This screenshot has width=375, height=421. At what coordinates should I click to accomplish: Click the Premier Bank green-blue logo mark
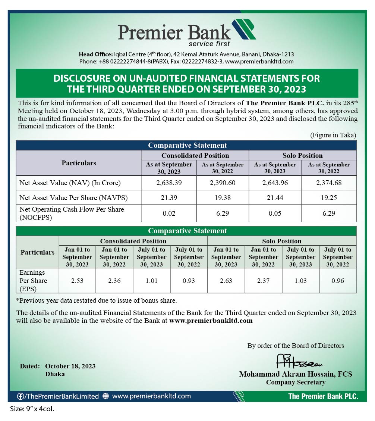pyautogui.click(x=243, y=29)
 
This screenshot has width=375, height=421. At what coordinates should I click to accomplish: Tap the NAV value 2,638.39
pyautogui.click(x=169, y=183)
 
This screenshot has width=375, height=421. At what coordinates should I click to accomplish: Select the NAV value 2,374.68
pyautogui.click(x=329, y=183)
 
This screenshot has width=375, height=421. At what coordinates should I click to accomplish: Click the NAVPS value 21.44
pyautogui.click(x=275, y=198)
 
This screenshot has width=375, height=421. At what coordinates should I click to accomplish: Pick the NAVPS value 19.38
pyautogui.click(x=223, y=198)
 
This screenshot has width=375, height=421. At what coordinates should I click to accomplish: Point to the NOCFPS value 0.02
pyautogui.click(x=169, y=213)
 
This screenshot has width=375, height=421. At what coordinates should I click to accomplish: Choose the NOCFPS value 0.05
pyautogui.click(x=275, y=213)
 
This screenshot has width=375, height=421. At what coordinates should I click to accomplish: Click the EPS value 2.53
pyautogui.click(x=77, y=281)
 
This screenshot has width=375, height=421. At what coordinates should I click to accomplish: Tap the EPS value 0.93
pyautogui.click(x=189, y=281)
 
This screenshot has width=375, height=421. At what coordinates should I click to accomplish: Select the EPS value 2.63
pyautogui.click(x=226, y=281)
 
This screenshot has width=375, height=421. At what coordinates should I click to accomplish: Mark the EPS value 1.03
pyautogui.click(x=300, y=281)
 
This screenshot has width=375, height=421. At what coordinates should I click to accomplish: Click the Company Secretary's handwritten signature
pyautogui.click(x=299, y=362)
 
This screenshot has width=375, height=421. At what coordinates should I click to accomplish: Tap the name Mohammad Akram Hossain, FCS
pyautogui.click(x=296, y=374)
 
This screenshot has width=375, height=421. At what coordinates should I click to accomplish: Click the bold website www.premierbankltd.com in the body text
pyautogui.click(x=211, y=321)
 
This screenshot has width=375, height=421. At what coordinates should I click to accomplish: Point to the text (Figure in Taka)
pyautogui.click(x=333, y=135)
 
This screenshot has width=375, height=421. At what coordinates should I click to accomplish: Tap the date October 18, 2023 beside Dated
pyautogui.click(x=70, y=366)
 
